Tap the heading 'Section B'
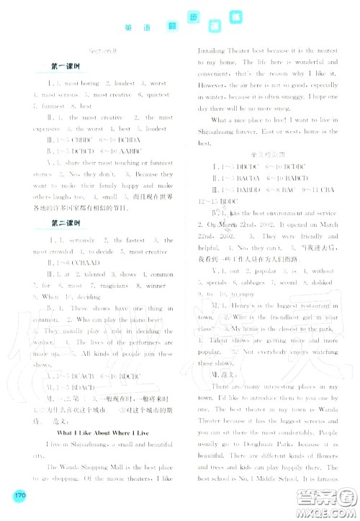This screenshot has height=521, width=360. (x=102, y=51)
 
